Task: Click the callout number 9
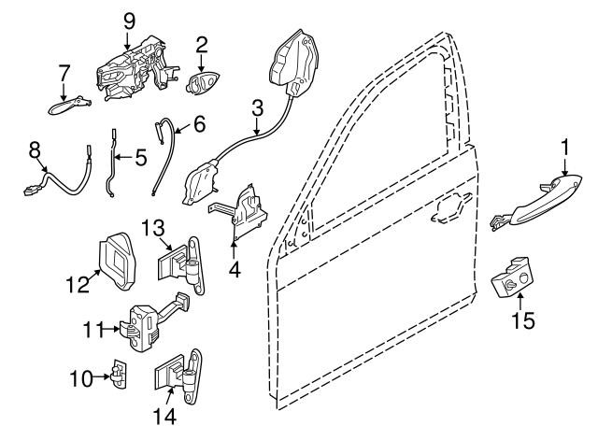point(129,21)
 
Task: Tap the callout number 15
point(523,320)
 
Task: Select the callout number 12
point(78,284)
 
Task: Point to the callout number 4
point(235,270)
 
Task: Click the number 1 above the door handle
point(564,148)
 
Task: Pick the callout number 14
point(164,417)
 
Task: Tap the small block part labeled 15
point(511,277)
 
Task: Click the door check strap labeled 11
point(152,320)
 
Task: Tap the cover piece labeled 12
point(118,262)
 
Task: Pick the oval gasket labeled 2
point(202,82)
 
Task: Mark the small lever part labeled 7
point(68,106)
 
